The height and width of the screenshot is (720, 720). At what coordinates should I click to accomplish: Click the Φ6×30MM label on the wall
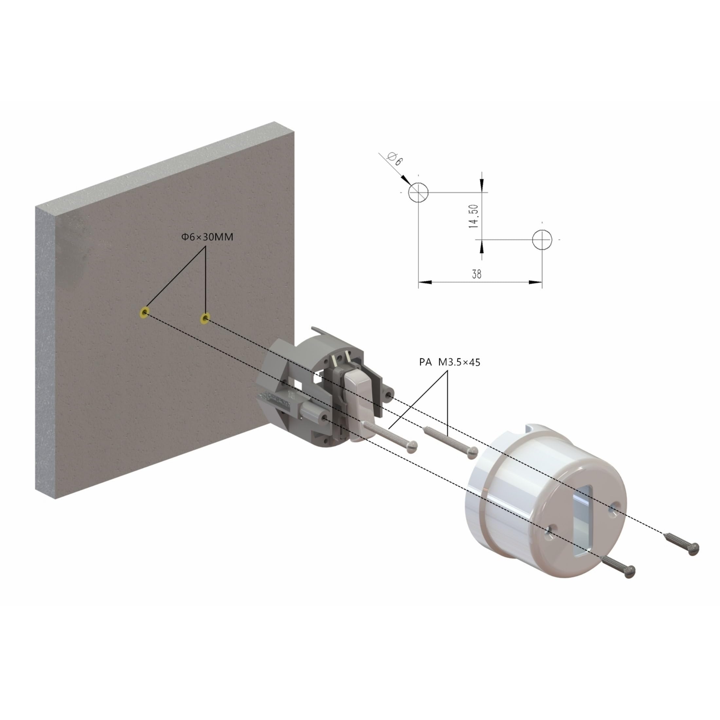pyautogui.click(x=207, y=237)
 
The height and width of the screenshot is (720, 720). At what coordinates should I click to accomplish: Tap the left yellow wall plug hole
pyautogui.click(x=144, y=312)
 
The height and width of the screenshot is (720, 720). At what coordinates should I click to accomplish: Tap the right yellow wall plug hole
pyautogui.click(x=205, y=318)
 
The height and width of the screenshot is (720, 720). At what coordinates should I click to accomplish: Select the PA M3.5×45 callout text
pyautogui.click(x=449, y=362)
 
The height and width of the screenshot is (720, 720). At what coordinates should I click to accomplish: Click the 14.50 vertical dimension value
pyautogui.click(x=474, y=216)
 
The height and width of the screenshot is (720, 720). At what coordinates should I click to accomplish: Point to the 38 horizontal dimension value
pyautogui.click(x=477, y=274)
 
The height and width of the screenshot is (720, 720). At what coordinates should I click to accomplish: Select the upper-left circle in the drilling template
pyautogui.click(x=418, y=192)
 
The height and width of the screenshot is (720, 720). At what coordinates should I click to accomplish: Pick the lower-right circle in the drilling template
pyautogui.click(x=542, y=239)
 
